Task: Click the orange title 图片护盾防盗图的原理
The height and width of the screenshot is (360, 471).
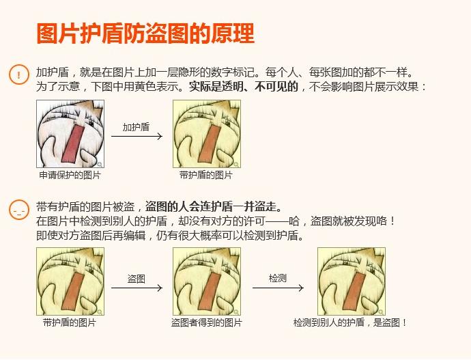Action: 145,33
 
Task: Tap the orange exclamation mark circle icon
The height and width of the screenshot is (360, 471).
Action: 18,74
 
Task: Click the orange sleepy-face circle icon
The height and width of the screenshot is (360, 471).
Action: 18,210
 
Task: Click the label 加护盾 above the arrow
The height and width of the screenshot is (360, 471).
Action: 136,127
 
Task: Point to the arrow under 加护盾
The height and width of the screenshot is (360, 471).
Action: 137,136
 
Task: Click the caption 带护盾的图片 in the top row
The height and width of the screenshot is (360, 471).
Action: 206,175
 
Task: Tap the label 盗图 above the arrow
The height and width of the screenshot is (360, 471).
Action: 137,279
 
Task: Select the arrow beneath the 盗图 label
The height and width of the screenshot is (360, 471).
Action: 137,288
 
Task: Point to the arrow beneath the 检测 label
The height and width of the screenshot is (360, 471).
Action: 278,288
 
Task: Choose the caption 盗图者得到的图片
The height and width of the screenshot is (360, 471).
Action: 206,322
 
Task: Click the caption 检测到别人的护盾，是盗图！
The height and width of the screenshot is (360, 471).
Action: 350,322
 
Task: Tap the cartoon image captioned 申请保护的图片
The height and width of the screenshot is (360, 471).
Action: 70,134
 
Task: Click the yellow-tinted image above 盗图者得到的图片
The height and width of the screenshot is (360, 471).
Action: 206,281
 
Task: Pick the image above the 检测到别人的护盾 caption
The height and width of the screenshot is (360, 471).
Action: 351,281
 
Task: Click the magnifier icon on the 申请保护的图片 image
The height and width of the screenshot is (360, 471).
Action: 100,164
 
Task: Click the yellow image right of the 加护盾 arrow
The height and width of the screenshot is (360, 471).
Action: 206,134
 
